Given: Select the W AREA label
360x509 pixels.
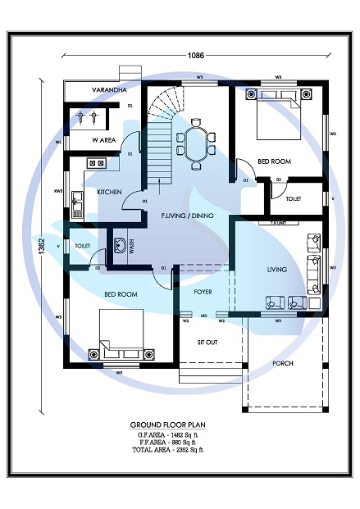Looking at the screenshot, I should click(x=103, y=140).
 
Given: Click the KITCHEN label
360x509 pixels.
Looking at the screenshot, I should click(x=109, y=192).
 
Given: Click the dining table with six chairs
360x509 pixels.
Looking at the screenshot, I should click(x=196, y=143).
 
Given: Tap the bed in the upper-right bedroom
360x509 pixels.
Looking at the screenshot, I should click(x=277, y=115).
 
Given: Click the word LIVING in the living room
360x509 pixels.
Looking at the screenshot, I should click(x=277, y=268).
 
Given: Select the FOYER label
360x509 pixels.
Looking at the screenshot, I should click(x=203, y=291).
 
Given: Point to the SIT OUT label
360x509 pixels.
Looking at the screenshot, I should click(x=207, y=342).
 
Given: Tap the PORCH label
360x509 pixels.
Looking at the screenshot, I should click(x=282, y=363).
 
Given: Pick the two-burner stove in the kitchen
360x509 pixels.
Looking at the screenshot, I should click(x=97, y=163).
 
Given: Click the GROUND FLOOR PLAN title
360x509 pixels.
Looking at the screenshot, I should click(x=166, y=425).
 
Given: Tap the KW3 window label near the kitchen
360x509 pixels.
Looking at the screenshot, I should click(x=59, y=190).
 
